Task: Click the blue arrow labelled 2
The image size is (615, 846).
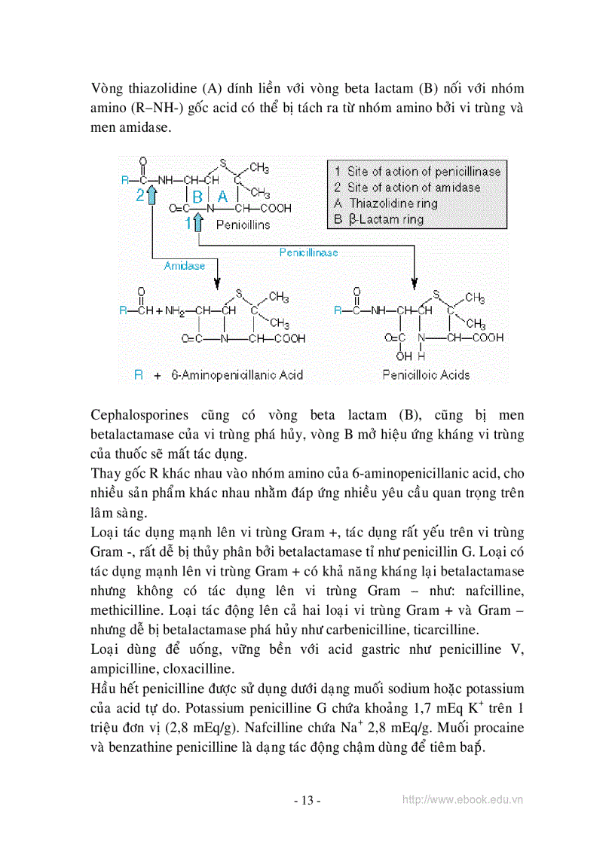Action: point(152,195)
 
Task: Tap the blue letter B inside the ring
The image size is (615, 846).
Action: point(197,196)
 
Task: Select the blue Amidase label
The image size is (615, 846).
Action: point(184,266)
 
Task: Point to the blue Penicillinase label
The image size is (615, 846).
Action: point(308,252)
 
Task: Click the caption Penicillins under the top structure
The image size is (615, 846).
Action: point(243,224)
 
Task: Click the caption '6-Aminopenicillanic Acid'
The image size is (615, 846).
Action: point(237,374)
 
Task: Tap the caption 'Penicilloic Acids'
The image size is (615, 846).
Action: point(426,374)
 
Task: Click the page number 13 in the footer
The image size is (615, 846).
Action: point(307,801)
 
